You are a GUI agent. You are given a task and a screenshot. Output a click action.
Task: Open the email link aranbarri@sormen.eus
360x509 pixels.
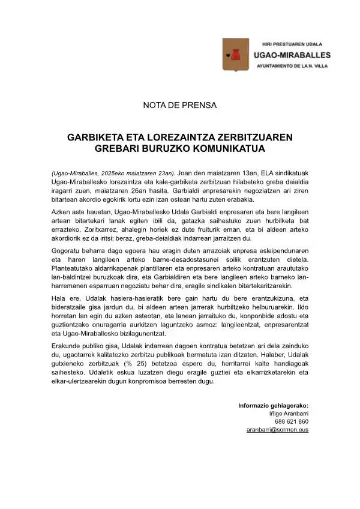pyautogui.click(x=277, y=430)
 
